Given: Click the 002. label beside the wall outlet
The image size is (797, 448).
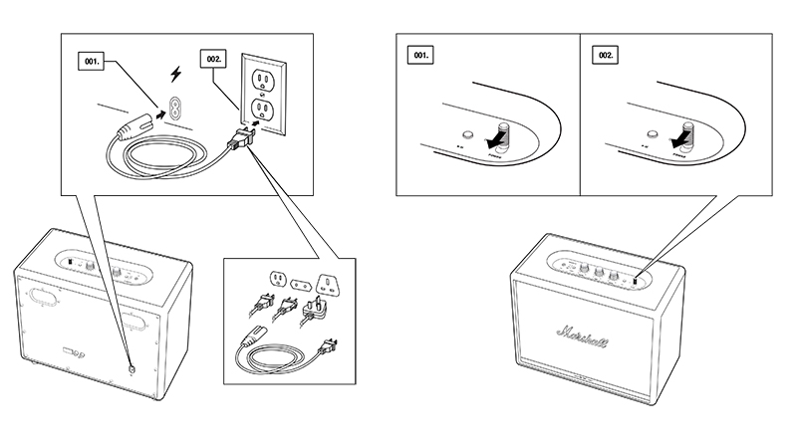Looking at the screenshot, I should (x=213, y=60).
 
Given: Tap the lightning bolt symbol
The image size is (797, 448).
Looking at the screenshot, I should (x=178, y=75).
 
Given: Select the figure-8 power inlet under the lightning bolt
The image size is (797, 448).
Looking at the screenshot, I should (x=177, y=108).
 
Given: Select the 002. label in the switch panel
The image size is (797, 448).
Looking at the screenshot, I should (x=605, y=57).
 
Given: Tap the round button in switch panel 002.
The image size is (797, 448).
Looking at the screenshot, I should (x=650, y=132).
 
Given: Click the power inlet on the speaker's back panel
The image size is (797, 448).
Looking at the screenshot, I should (x=132, y=366).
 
